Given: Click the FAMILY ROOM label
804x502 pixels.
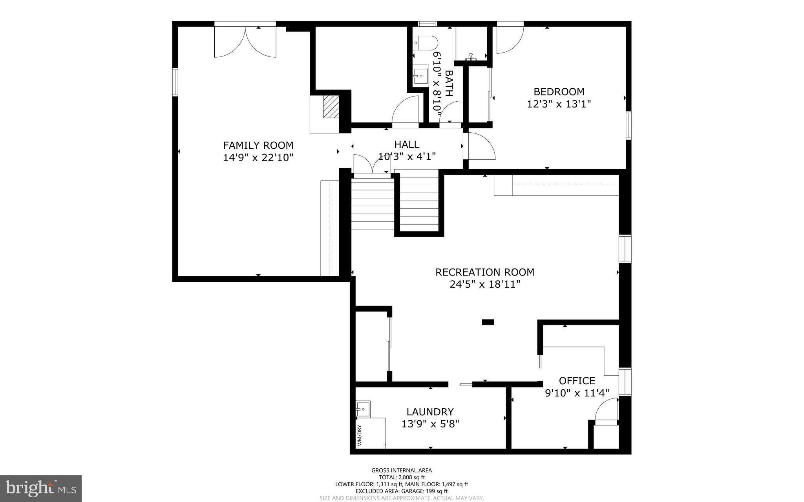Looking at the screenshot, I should click(258, 145).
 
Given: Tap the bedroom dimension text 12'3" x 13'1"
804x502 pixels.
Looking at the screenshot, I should click(559, 104).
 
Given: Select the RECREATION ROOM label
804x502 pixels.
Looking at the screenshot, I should click(485, 272).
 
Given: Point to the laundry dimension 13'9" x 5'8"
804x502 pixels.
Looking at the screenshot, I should click(430, 424).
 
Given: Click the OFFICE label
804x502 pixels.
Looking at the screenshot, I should click(577, 381).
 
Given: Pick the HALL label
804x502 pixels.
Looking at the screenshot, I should click(407, 144).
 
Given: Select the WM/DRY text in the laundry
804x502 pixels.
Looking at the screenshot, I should click(359, 435).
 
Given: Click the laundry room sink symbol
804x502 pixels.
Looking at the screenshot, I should click(363, 408).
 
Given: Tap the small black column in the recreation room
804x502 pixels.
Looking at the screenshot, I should click(488, 322).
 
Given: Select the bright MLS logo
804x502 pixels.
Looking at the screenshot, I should click(41, 488).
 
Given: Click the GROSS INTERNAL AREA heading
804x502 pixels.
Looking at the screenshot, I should click(402, 470).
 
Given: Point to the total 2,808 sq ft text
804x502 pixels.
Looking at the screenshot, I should click(402, 477).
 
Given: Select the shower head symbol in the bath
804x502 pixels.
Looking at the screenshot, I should click(471, 57).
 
